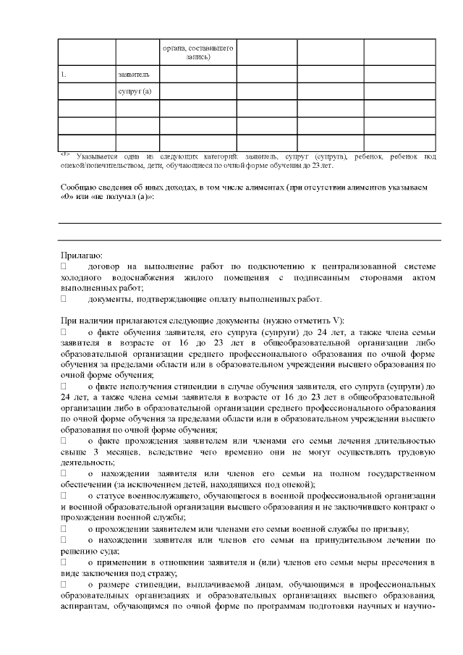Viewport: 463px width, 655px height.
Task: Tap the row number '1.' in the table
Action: point(64,74)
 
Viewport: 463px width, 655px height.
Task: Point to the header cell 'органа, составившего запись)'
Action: point(197,52)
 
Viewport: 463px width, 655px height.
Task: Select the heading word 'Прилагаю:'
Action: point(82,255)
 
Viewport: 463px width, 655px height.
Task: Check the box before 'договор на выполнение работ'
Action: point(64,266)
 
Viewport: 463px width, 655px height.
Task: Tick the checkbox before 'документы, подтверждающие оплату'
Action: point(64,298)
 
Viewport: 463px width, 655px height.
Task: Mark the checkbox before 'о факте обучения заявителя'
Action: point(64,331)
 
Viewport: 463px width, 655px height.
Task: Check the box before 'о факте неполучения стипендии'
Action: point(64,386)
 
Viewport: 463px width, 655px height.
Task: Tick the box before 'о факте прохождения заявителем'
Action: point(64,440)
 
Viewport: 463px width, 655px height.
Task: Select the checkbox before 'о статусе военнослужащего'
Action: point(64,494)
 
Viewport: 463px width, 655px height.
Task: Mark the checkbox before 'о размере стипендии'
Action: point(64,581)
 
